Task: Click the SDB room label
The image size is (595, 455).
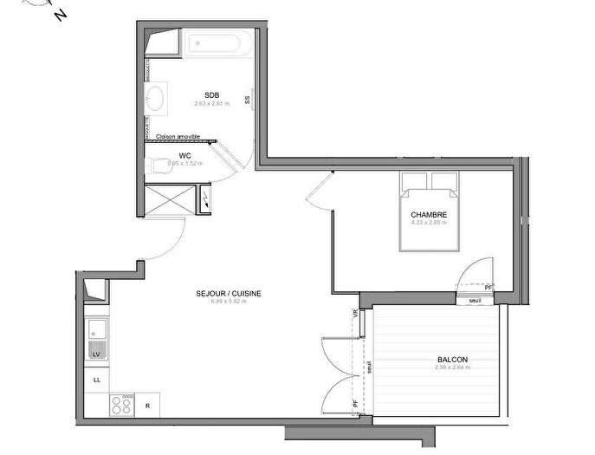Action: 211,94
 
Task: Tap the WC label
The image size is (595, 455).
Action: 184,155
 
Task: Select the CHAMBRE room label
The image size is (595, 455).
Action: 429,214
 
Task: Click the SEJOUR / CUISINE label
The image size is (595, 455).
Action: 229,293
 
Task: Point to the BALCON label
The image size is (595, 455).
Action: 451,359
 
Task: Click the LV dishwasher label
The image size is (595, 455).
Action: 96,354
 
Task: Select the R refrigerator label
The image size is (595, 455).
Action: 149,405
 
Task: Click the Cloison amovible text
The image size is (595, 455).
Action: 178,137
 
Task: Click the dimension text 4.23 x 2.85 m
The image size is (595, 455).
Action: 429,223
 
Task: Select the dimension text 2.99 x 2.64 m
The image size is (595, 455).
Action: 451,367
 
